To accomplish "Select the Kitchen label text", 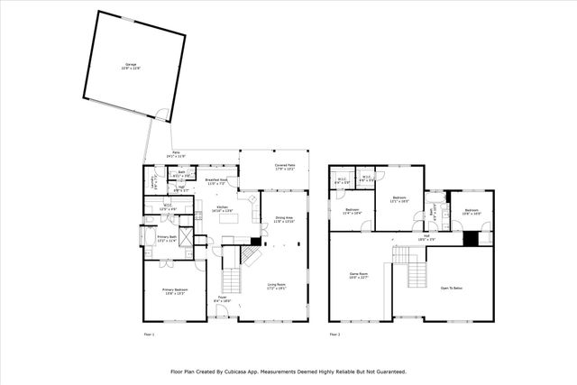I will pos(222,208).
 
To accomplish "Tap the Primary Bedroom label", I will pos(174,291).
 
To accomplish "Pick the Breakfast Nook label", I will pos(216,182).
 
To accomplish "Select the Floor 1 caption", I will pos(150,334).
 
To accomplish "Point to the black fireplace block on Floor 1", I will pos(257,241).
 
